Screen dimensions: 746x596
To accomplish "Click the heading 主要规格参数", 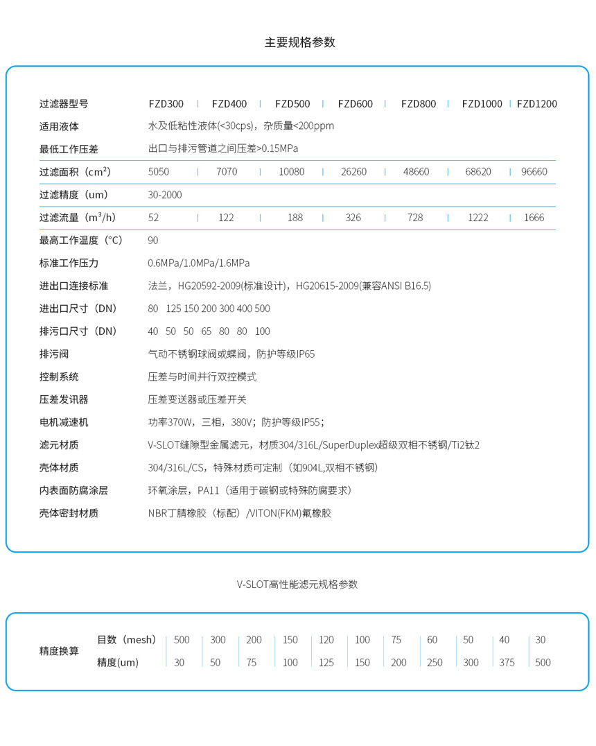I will [299, 42].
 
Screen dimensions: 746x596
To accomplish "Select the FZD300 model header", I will [166, 104].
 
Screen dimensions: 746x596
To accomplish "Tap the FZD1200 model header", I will [537, 104].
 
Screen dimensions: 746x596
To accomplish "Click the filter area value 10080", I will [291, 172].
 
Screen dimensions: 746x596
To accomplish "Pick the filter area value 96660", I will [534, 172].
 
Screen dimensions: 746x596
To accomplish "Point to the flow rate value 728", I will [415, 218].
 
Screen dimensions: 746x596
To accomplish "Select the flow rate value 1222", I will [477, 218].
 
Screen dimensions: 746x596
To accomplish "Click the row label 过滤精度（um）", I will [74, 195].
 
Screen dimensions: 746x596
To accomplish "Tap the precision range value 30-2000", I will [165, 195].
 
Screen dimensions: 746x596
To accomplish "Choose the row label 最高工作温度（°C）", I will [81, 241].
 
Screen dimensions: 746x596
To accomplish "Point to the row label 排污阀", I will [54, 354].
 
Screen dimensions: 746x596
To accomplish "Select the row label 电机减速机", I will [64, 422].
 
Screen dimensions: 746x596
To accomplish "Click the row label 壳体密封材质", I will [69, 513].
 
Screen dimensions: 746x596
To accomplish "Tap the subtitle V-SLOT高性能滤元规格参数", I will [297, 584].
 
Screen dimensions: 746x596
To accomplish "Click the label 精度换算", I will [59, 651].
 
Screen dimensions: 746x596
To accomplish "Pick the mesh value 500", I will [182, 640].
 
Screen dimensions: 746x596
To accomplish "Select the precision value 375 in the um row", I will [507, 663].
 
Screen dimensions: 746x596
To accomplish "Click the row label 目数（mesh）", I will [127, 640].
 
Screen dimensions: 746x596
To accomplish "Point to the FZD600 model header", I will [356, 104].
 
